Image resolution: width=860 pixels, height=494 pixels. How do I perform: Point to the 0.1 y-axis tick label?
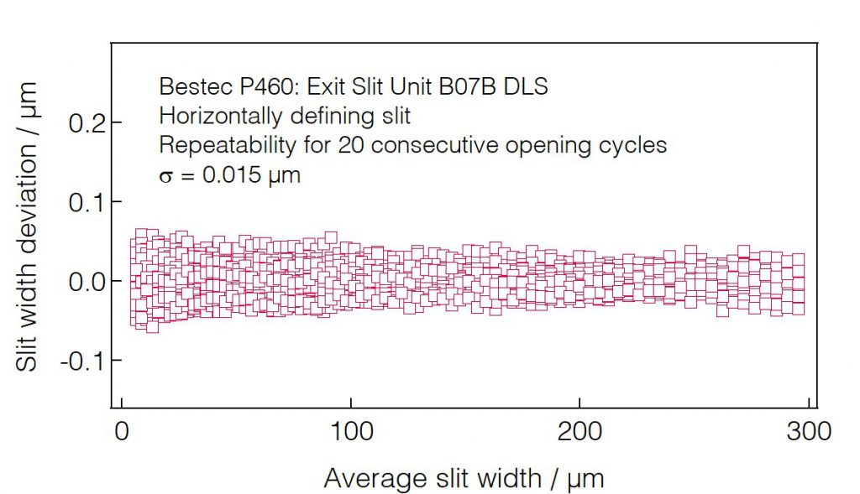tap(88, 201)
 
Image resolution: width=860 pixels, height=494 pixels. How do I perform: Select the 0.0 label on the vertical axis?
tap(88, 281)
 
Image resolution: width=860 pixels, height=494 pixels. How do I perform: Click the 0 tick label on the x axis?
tap(123, 432)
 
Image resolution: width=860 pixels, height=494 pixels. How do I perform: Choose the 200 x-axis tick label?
tap(579, 432)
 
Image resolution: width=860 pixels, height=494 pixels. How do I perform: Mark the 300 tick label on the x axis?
tap(807, 432)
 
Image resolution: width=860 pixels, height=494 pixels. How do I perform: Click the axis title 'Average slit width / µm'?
tap(464, 479)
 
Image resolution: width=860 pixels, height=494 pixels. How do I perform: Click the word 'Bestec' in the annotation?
tap(189, 86)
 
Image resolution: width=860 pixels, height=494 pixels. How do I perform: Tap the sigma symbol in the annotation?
tap(165, 176)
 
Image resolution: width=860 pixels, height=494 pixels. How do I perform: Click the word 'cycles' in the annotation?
tap(635, 145)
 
